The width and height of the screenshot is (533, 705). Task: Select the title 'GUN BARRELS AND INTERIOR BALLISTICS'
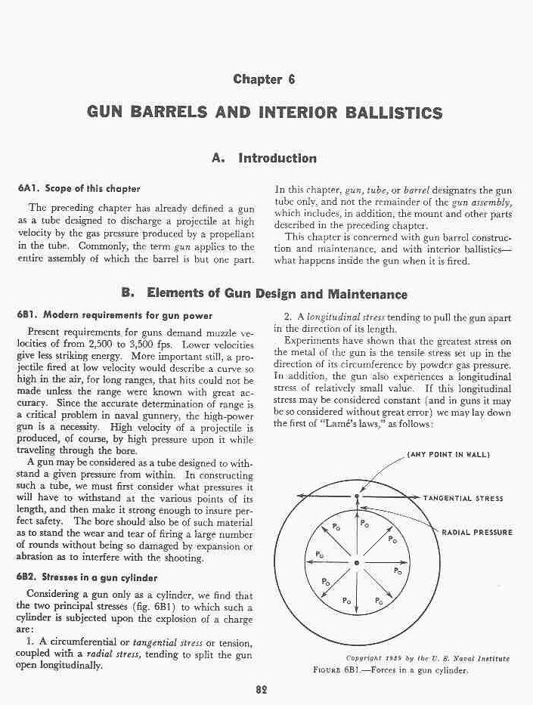pyautogui.click(x=265, y=113)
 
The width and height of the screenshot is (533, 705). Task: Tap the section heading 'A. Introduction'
pyautogui.click(x=265, y=158)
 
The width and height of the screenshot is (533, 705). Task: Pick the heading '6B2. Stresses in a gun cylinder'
pyautogui.click(x=82, y=576)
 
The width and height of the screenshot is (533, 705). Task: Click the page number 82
pyautogui.click(x=262, y=690)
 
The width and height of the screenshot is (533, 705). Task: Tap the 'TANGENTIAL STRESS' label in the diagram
pyautogui.click(x=463, y=499)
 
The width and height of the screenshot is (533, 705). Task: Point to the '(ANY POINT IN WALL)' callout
pyautogui.click(x=449, y=454)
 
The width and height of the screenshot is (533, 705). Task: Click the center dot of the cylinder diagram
pyautogui.click(x=357, y=563)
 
